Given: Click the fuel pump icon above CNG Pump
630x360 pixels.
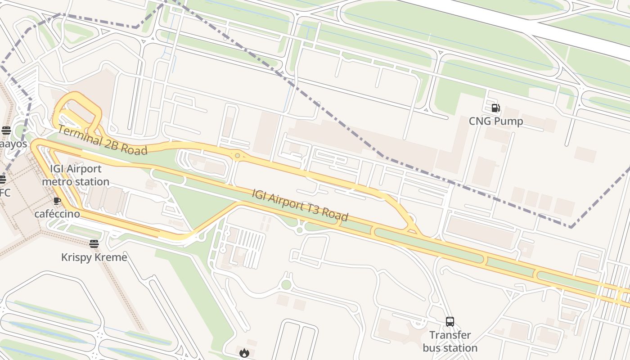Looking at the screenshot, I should (495, 108).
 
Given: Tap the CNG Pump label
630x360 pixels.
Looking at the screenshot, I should (496, 121).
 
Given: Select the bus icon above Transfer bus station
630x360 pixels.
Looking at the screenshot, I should (450, 321).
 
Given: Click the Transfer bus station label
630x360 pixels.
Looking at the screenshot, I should (450, 342).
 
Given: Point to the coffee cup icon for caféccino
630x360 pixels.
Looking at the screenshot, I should (57, 201).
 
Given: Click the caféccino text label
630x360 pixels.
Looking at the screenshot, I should (57, 214).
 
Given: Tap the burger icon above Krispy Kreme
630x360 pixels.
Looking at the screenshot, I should (94, 244).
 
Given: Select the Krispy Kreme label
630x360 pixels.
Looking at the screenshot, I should (94, 257).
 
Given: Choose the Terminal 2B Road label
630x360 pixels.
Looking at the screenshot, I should (103, 140).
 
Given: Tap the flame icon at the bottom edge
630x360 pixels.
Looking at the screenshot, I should (244, 353).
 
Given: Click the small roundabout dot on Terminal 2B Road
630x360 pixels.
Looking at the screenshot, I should (237, 156).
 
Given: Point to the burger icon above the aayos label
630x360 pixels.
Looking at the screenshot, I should (6, 130).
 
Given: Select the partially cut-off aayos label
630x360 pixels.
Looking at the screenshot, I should (13, 144).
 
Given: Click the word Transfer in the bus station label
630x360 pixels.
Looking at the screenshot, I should (450, 335).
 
